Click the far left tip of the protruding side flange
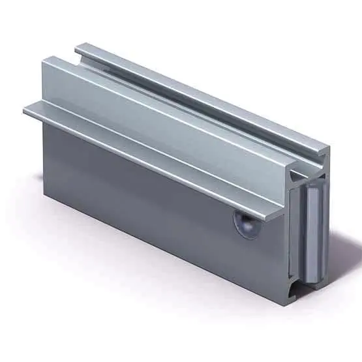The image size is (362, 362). click(x=25, y=110)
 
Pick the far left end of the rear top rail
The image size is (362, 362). click(x=77, y=48)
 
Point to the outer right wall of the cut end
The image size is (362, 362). click(x=324, y=222)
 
